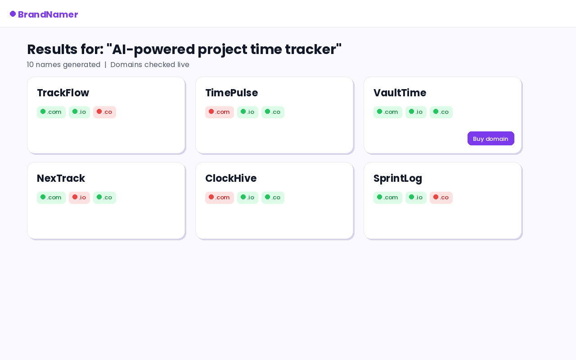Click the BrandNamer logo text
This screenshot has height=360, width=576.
[x=48, y=14]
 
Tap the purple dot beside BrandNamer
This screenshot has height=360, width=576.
[x=13, y=13]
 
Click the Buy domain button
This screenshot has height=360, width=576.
[x=490, y=139]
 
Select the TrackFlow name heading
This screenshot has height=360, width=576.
[x=63, y=93]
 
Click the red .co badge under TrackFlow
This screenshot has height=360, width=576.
[x=105, y=112]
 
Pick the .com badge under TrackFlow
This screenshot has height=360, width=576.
[x=51, y=112]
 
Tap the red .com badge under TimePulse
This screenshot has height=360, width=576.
[x=220, y=112]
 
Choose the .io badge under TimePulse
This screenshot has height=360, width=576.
[x=247, y=112]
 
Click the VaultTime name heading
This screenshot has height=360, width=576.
[x=400, y=93]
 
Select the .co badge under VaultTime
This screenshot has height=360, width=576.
[x=441, y=112]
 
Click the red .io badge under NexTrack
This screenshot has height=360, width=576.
[x=80, y=198]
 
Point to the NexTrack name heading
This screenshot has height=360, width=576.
[x=61, y=178]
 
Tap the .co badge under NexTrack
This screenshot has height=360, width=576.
[x=105, y=198]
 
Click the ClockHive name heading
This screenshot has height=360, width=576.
[x=231, y=178]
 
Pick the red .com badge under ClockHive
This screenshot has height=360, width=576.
[x=220, y=198]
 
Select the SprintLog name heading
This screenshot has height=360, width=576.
[x=398, y=179]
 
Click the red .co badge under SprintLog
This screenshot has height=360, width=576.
[x=441, y=198]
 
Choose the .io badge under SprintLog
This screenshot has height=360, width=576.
[x=416, y=198]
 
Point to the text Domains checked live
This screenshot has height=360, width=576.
[x=150, y=64]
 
